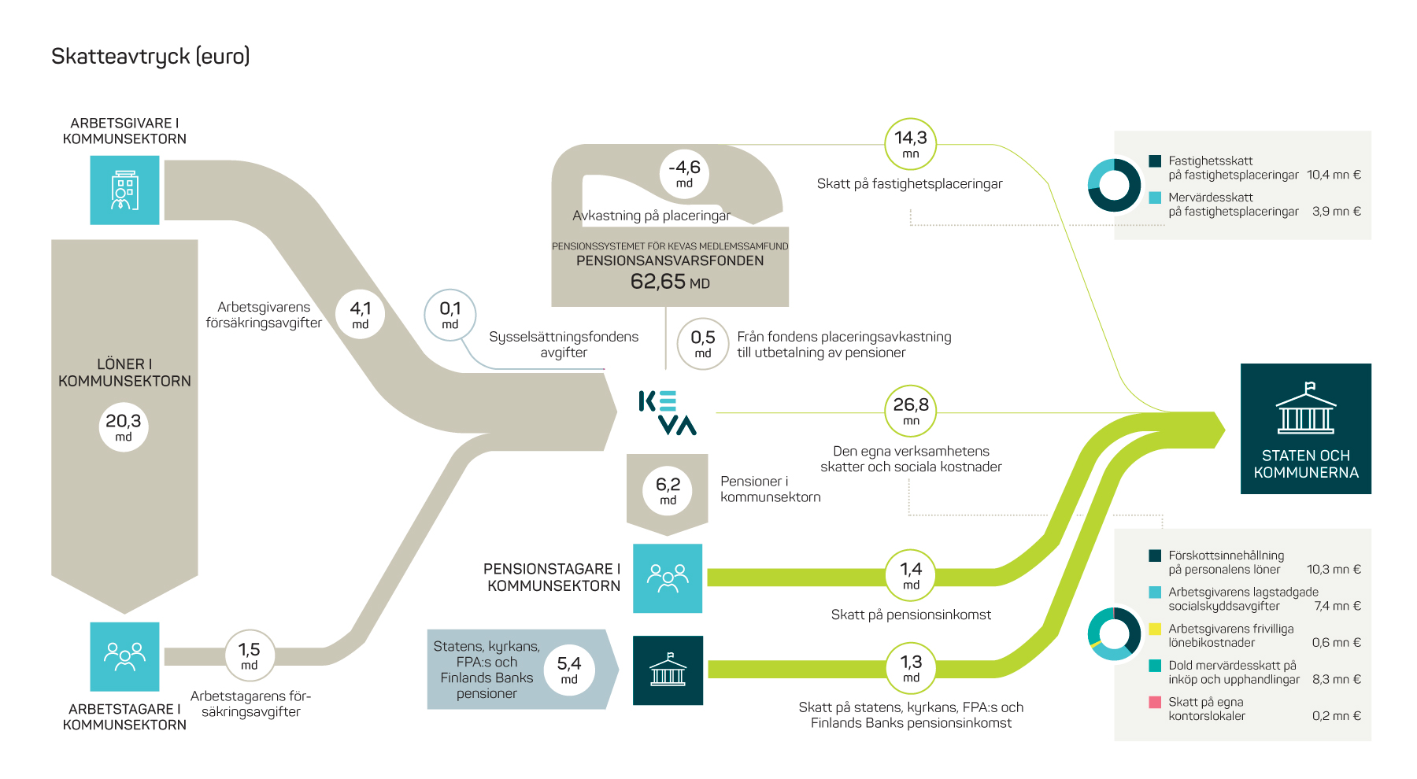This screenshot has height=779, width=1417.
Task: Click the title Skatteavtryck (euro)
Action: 150,57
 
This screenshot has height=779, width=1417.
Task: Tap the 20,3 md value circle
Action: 124,426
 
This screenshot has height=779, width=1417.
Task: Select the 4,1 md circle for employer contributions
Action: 361,314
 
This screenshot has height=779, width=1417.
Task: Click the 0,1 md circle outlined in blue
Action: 450,315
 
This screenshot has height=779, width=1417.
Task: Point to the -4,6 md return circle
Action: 684,174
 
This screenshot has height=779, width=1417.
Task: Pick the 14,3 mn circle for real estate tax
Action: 911,144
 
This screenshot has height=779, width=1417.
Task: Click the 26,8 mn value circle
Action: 911,411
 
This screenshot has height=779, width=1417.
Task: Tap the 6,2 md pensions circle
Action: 668,490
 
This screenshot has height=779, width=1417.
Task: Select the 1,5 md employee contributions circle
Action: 250,655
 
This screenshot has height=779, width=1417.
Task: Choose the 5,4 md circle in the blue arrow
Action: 569,670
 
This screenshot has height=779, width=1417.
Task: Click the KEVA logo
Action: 668,412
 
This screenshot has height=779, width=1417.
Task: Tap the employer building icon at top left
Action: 124,190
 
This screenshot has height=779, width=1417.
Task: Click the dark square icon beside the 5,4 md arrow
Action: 668,670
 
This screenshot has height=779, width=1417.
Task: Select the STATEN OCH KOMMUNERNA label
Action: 1306,464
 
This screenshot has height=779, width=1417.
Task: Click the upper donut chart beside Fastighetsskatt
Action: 1114,186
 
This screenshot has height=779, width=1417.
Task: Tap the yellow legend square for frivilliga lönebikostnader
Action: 1155,629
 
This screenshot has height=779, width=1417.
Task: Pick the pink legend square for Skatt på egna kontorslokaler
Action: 1155,702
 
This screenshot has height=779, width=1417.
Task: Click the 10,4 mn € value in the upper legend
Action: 1334,175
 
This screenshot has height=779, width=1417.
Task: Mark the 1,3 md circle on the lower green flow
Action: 911,669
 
